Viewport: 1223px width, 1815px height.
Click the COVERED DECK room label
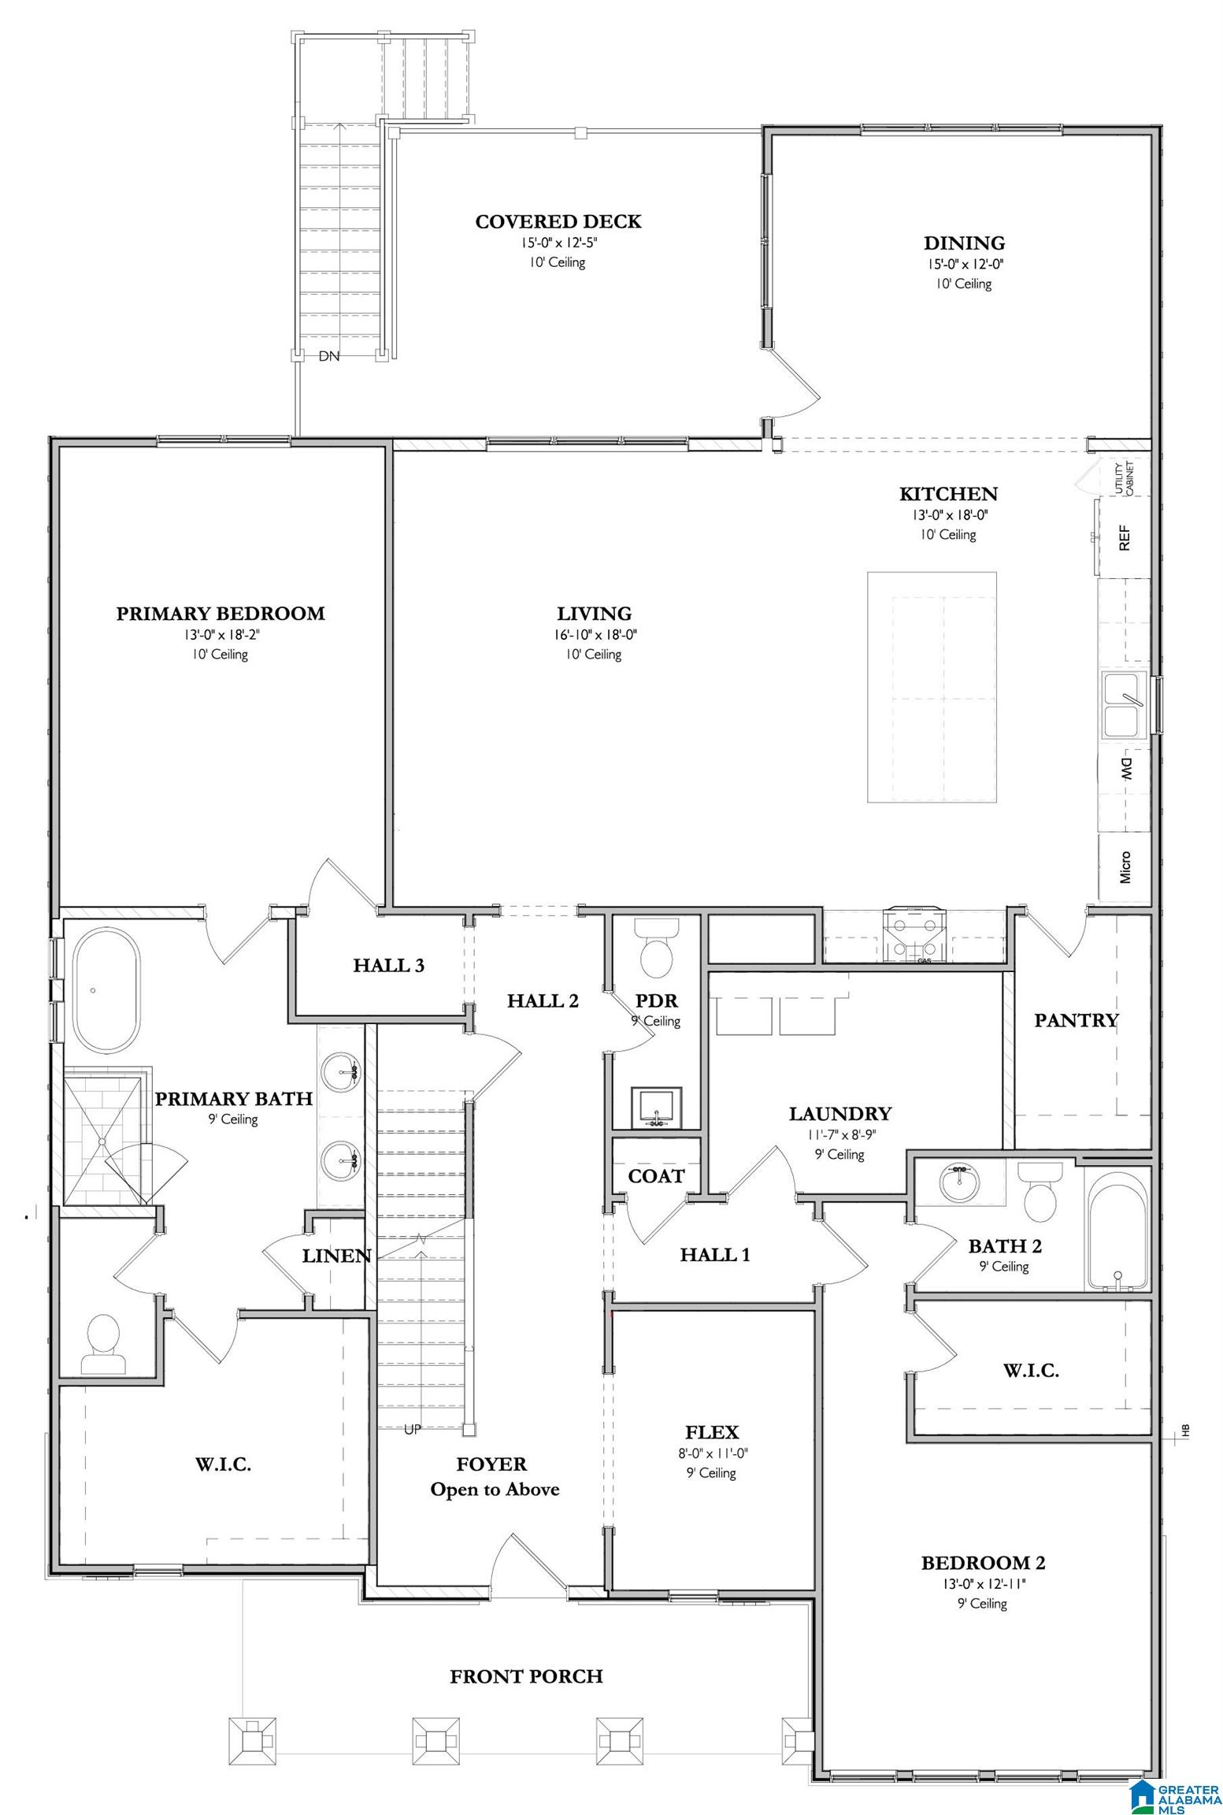click(558, 222)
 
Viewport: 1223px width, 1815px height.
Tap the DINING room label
click(964, 243)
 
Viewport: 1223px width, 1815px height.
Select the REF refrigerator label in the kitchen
click(1125, 538)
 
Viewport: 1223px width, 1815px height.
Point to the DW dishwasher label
click(1125, 768)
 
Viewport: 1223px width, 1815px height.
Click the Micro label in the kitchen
click(1125, 867)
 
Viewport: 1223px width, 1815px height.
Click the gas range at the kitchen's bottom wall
click(913, 935)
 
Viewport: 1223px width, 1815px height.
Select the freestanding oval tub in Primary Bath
click(107, 990)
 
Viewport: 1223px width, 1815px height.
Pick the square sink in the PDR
click(656, 1108)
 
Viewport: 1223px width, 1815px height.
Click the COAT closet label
click(656, 1176)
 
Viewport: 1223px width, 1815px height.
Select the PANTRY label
click(1076, 1020)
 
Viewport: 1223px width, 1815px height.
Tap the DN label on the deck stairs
click(329, 356)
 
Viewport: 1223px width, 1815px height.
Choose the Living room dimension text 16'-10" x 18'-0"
click(595, 635)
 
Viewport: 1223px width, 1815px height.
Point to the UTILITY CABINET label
click(1125, 479)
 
